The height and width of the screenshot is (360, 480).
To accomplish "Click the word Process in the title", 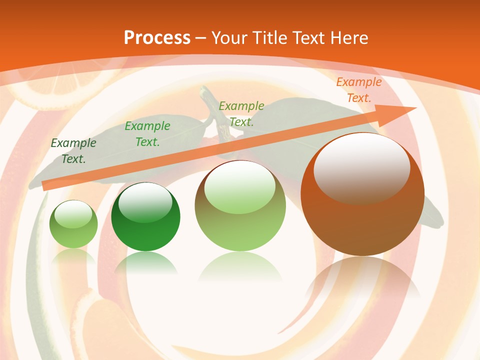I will point(157,38).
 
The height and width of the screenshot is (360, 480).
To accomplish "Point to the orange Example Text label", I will point(358,90).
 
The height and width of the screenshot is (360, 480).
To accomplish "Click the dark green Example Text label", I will point(73,151).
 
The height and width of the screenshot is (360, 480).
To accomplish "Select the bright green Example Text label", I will point(147,134).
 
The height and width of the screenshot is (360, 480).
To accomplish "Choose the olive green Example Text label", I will point(241,113).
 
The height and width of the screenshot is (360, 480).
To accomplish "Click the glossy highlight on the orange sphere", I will point(361,168).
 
